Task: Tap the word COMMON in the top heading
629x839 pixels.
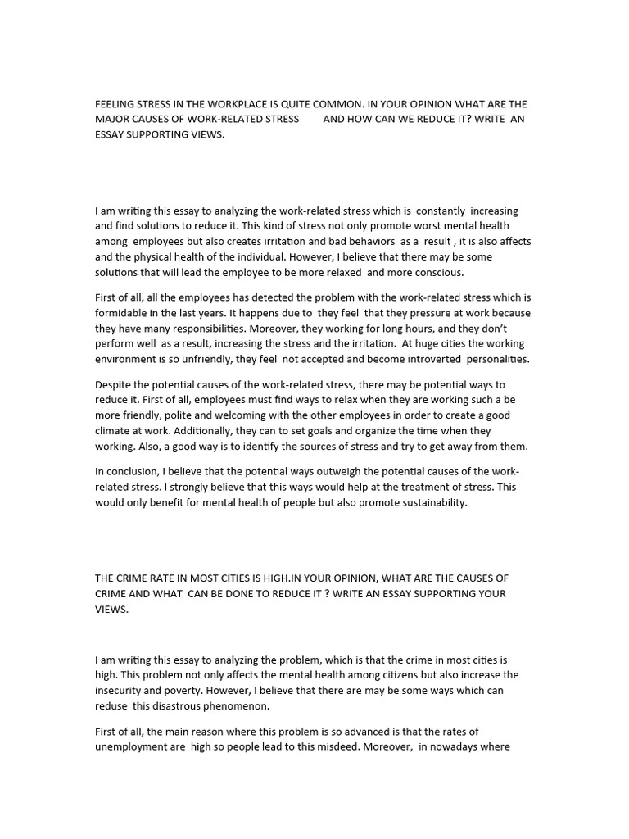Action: pyautogui.click(x=329, y=104)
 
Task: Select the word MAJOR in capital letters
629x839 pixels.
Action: pyautogui.click(x=112, y=120)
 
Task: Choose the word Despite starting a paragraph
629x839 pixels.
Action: pyautogui.click(x=114, y=384)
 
